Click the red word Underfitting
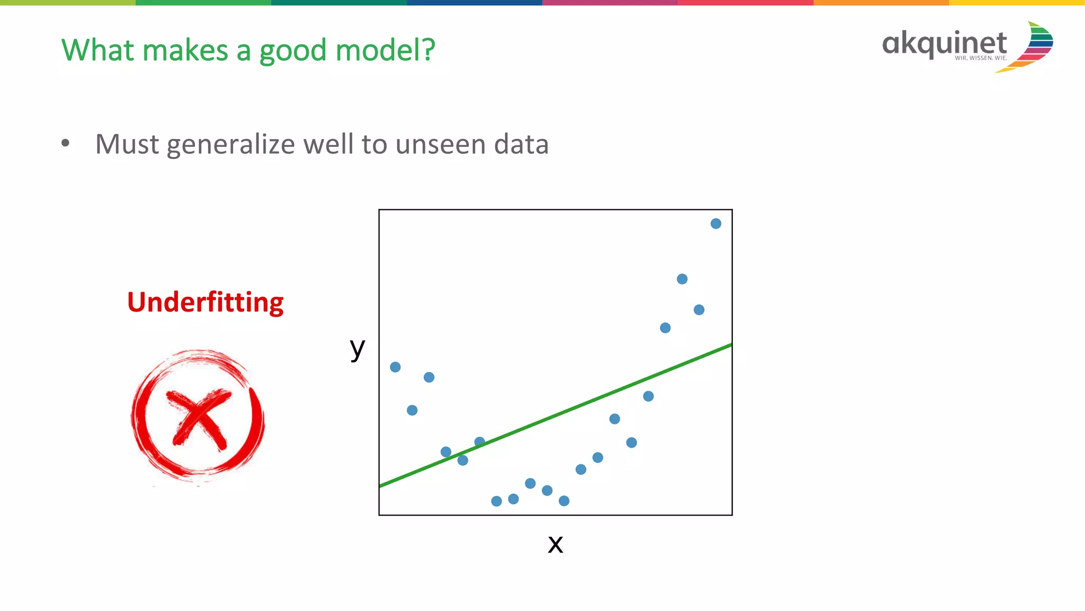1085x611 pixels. pos(205,303)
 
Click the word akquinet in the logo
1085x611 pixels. pos(944,43)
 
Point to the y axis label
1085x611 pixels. pos(358,349)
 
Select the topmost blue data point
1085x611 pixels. pos(716,224)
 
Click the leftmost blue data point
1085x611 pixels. pos(395,367)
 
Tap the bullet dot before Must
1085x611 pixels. pos(65,143)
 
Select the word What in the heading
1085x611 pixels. pos(98,50)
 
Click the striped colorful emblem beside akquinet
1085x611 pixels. pos(1030,47)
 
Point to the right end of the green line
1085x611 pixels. pos(730,346)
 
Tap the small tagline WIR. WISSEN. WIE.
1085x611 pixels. pos(981,58)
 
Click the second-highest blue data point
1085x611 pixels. pos(682,279)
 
